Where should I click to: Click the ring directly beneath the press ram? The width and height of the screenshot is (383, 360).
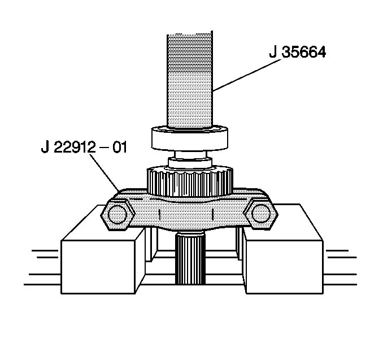(190, 138)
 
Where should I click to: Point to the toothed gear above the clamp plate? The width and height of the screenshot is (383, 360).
(190, 180)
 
